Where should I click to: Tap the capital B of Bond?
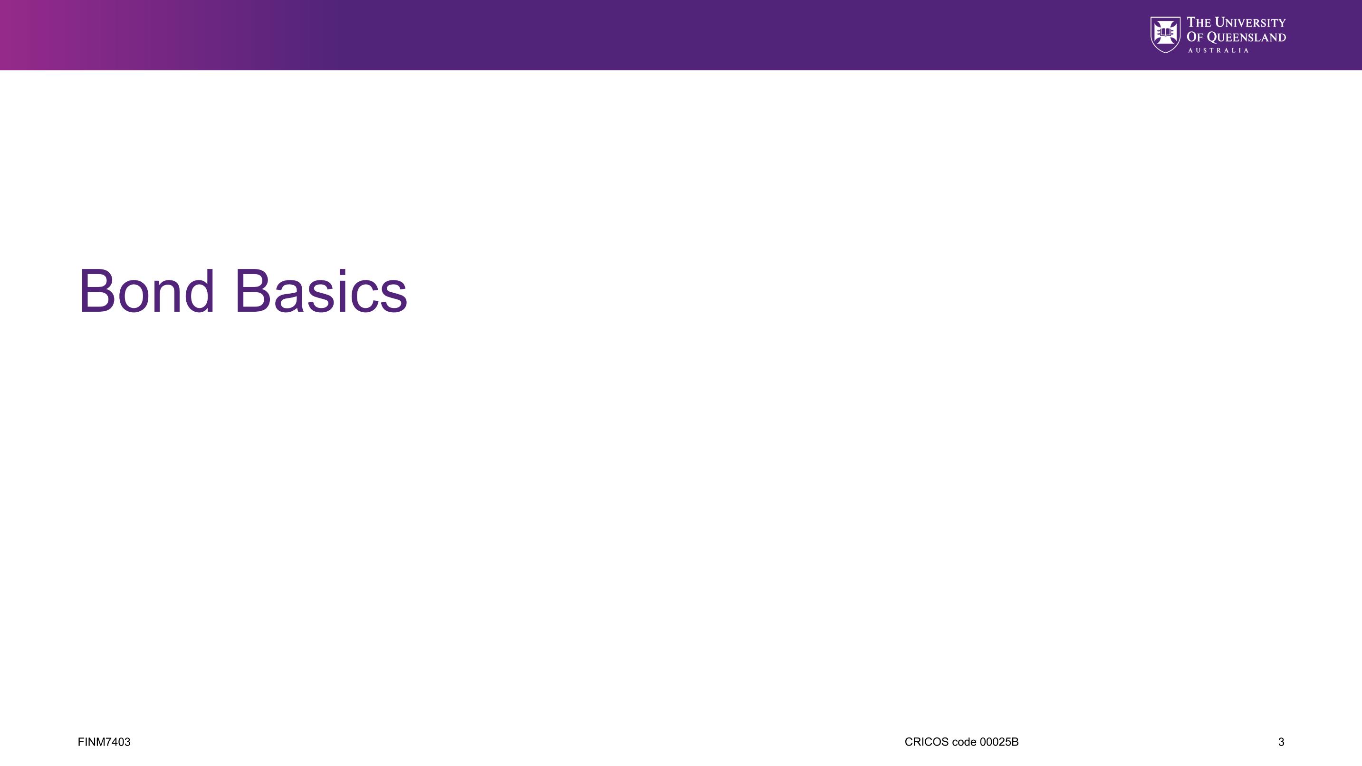(x=97, y=291)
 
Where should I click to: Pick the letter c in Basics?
(x=365, y=297)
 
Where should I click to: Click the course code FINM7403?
(x=104, y=742)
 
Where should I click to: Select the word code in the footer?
(x=964, y=742)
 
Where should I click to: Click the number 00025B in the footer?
(x=999, y=742)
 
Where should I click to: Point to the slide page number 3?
(x=1281, y=742)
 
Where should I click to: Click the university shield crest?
(x=1165, y=34)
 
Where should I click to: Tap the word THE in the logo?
(x=1199, y=22)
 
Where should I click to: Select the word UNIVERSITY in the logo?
(x=1250, y=22)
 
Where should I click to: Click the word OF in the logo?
(x=1195, y=37)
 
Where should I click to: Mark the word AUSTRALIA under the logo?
(x=1218, y=50)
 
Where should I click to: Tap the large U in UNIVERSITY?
(x=1221, y=22)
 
